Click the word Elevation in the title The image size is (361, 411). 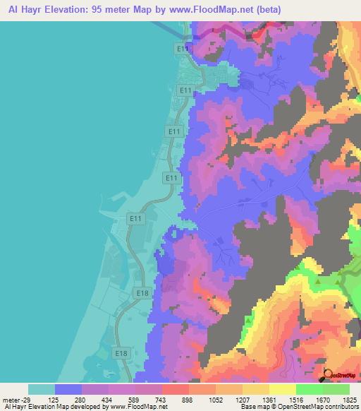click(68, 10)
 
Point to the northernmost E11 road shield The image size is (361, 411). click(183, 48)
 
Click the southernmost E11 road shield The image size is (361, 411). click(135, 220)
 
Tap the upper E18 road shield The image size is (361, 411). click(142, 292)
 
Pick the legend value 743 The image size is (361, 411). click(163, 400)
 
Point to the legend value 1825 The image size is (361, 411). click(349, 400)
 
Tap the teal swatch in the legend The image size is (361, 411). click(42, 389)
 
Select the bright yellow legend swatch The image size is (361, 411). click(283, 389)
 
